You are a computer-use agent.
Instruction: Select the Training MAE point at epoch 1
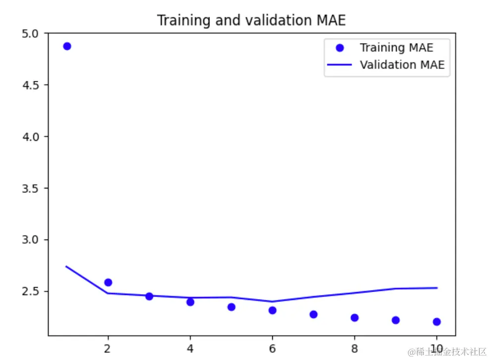67,46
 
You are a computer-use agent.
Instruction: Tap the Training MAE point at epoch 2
108,283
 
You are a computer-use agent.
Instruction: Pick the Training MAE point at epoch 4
190,302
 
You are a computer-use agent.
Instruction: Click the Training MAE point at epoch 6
272,310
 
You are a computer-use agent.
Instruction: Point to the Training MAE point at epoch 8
354,317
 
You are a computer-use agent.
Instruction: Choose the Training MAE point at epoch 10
436,322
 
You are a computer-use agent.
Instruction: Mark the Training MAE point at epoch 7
313,314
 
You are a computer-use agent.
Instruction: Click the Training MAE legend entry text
396,48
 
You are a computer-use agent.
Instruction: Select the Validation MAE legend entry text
402,64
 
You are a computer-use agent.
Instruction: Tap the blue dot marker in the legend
340,48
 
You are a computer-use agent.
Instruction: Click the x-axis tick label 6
272,347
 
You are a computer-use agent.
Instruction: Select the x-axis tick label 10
436,347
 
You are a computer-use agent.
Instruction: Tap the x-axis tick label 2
108,347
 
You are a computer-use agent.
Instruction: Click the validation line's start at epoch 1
67,267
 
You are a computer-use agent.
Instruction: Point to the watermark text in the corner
447,352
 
